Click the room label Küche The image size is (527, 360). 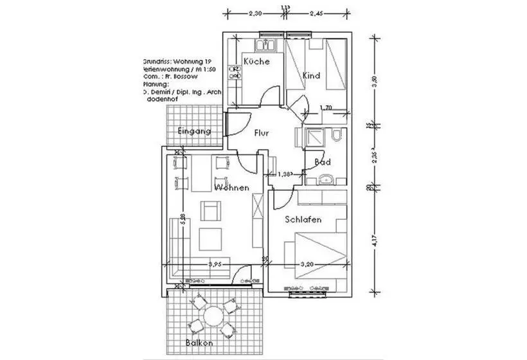(256, 62)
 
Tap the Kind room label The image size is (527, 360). (311, 76)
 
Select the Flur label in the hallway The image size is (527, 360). (261, 133)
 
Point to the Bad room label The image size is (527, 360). (323, 162)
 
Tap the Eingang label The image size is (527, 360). (193, 131)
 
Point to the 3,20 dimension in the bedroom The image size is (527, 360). (309, 264)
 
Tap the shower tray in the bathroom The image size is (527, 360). (316, 138)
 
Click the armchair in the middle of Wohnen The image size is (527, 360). (210, 212)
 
